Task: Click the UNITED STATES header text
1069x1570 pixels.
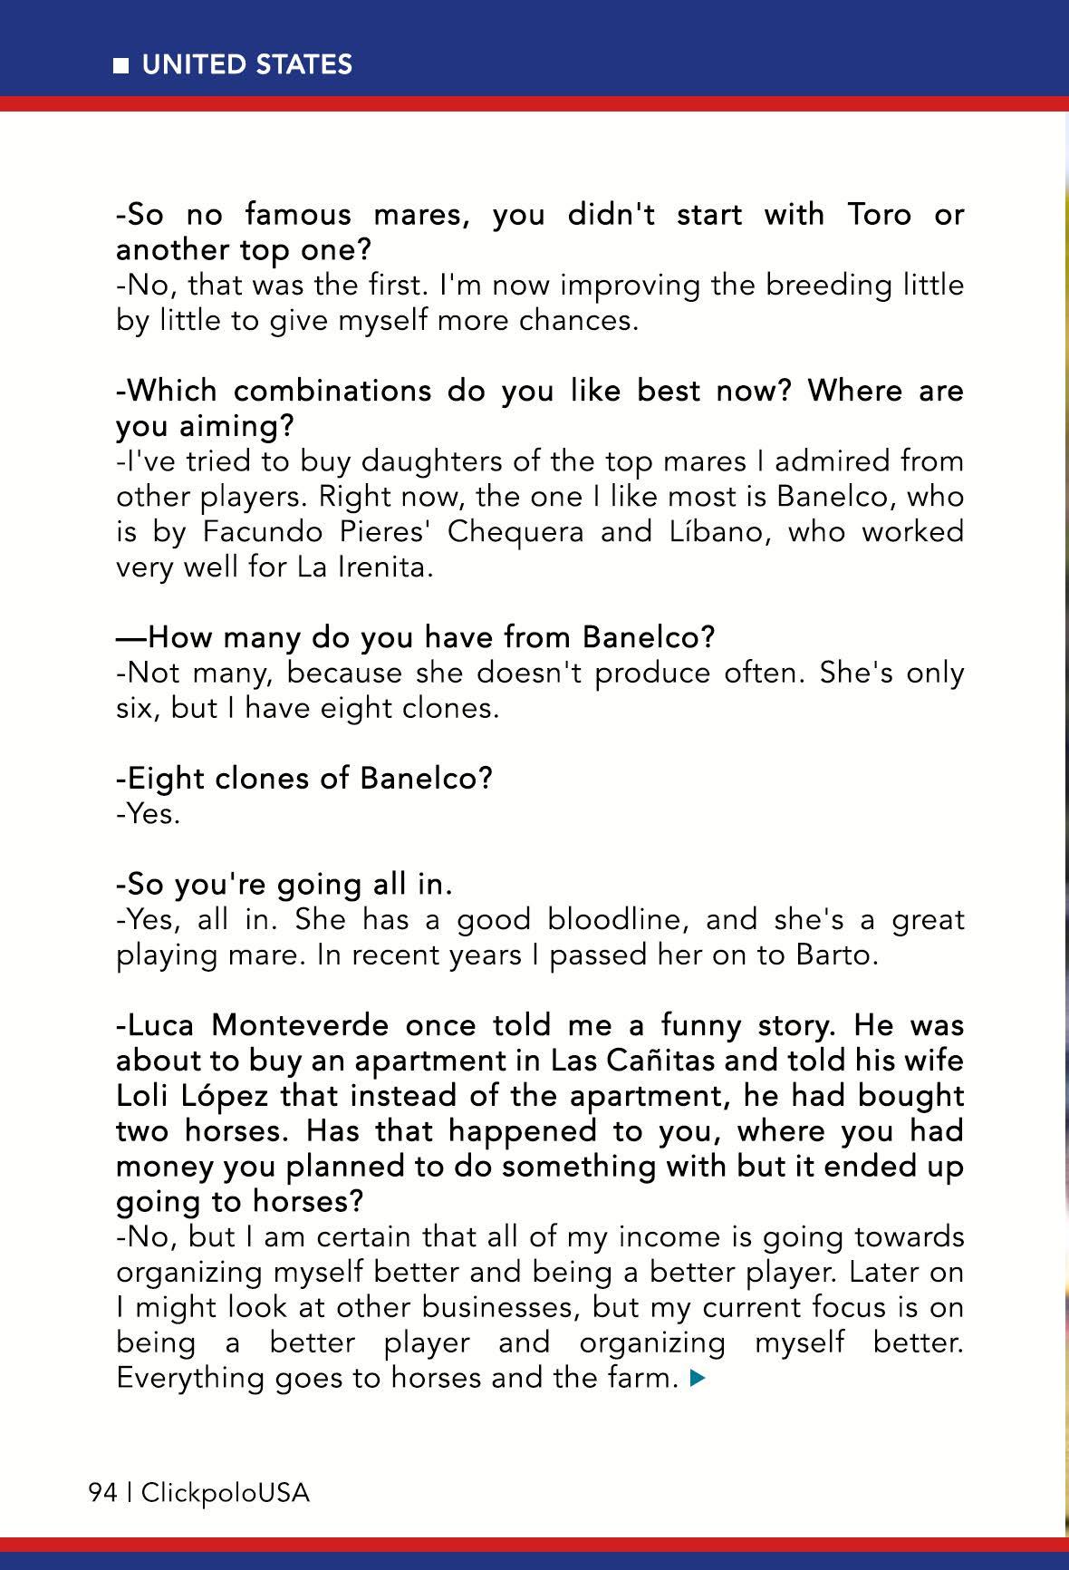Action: point(246,65)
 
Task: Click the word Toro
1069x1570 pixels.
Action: point(879,215)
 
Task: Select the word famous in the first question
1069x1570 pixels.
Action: point(298,215)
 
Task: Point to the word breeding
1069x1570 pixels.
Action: point(823,286)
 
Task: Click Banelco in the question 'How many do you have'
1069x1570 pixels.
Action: point(648,638)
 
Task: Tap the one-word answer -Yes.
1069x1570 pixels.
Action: point(148,814)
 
